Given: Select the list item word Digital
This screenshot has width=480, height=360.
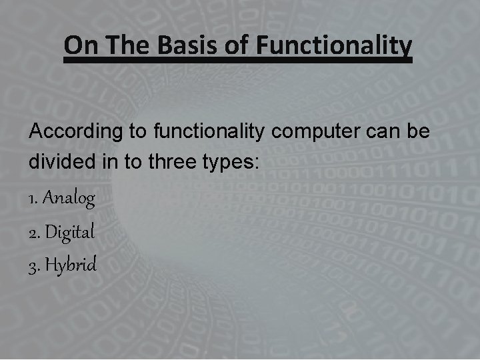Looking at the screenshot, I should click(71, 232).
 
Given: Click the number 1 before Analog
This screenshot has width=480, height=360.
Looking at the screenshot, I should click(33, 199).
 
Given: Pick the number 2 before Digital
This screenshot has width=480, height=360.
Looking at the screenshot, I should click(33, 232).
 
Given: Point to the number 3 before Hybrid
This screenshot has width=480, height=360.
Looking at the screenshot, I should click(33, 265).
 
